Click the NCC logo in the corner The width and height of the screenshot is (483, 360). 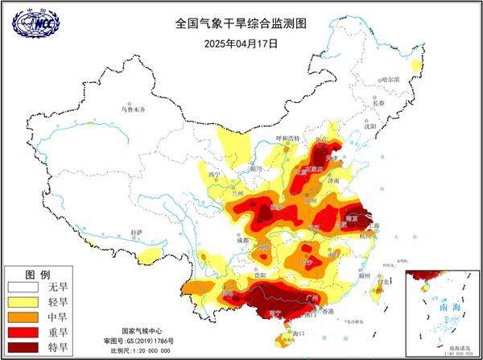pos(35,24)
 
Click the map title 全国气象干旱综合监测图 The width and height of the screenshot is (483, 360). pos(242,24)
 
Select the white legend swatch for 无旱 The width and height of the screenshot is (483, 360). pos(24,287)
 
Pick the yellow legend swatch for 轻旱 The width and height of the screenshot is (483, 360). pos(24,301)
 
